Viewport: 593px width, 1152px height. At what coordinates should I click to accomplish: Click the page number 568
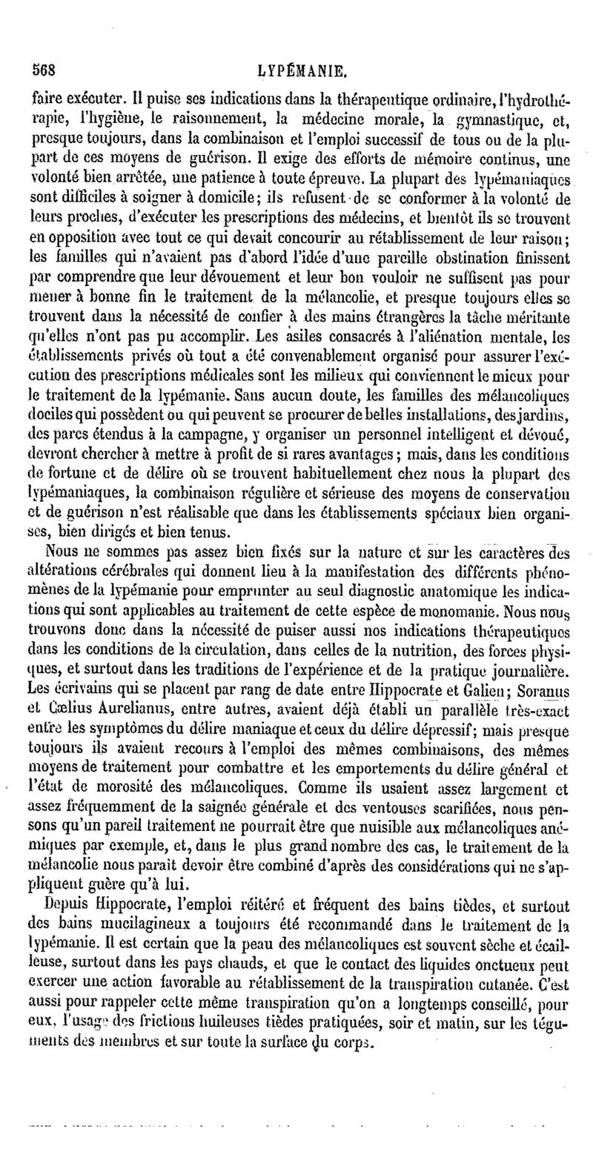click(44, 71)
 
